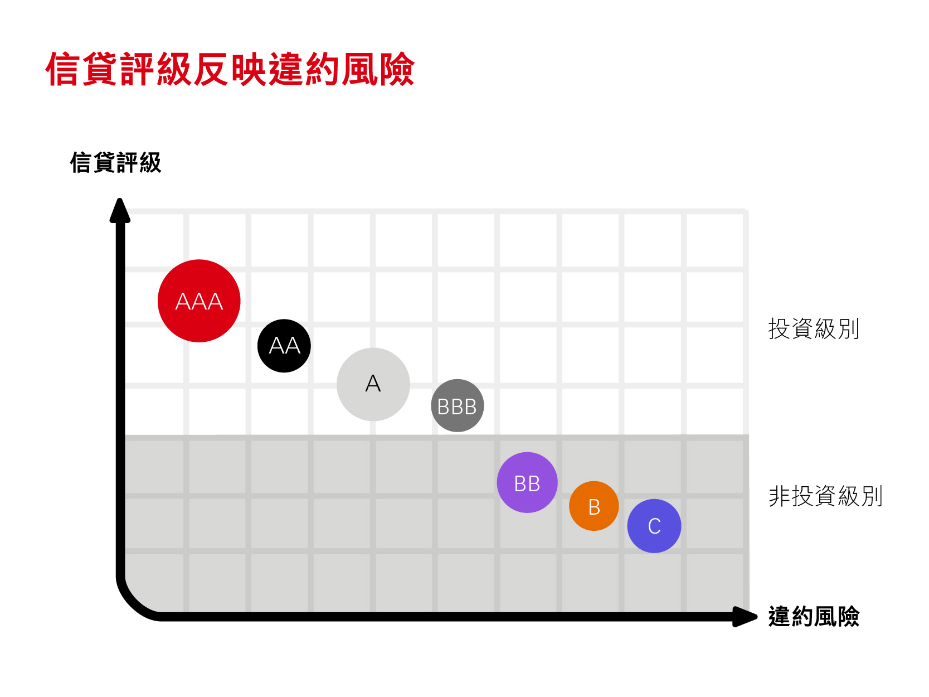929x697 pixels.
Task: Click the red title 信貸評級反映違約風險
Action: coord(230,70)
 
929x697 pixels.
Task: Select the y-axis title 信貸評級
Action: coord(115,163)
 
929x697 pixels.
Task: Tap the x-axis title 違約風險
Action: coord(814,617)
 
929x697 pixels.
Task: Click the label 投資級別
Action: coord(814,329)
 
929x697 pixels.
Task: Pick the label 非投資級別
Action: coord(825,496)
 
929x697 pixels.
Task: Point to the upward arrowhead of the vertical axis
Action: coord(120,211)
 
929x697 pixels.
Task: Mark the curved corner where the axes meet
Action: coord(134,602)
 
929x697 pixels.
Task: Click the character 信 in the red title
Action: coord(62,70)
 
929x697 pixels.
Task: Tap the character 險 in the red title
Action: coord(397,70)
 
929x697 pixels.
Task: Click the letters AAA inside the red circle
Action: coord(199,302)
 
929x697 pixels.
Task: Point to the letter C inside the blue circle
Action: coord(654,526)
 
